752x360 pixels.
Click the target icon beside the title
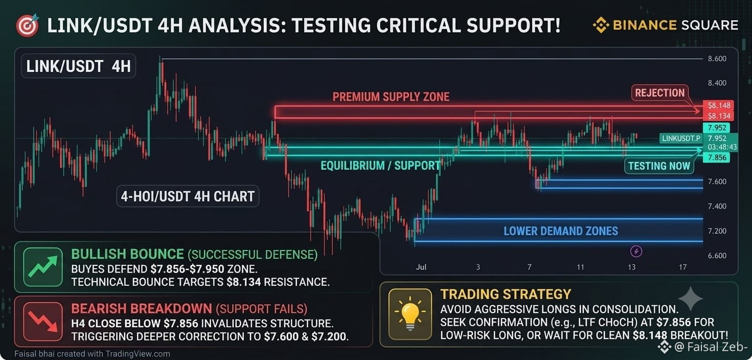27,26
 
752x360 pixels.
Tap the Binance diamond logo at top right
601,25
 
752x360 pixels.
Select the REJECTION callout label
659,93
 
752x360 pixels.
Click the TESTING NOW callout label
659,166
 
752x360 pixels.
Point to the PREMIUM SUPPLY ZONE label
391,97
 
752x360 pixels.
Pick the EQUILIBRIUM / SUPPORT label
380,166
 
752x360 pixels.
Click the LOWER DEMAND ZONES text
561,231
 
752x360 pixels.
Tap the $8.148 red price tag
718,105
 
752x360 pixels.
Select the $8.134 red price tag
718,116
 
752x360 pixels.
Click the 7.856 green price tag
717,157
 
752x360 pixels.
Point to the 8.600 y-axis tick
717,59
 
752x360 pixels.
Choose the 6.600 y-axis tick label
717,256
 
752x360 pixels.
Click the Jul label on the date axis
421,267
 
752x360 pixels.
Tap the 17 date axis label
682,267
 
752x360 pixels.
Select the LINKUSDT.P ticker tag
681,139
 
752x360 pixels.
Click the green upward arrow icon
43,267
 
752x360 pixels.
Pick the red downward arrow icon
43,321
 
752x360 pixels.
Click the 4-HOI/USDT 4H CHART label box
188,196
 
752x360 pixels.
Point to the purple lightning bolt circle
636,251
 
